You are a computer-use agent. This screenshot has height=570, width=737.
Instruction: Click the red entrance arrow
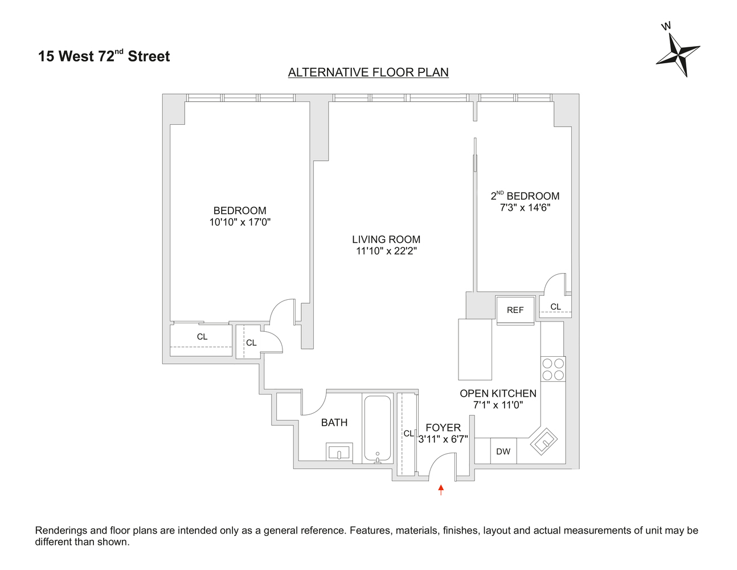(441, 490)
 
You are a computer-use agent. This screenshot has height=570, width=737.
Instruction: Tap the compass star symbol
(678, 55)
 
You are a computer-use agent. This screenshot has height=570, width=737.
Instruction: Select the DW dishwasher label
(503, 451)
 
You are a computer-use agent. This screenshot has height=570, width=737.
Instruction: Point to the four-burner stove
(553, 369)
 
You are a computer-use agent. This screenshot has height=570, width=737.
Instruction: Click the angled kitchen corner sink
(544, 441)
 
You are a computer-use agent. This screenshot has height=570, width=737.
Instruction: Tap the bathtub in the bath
(378, 429)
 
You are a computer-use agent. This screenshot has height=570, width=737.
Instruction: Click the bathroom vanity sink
(339, 451)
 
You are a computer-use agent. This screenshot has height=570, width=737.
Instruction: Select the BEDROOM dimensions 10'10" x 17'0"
(240, 222)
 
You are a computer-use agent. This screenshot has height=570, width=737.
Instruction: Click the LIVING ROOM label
(386, 239)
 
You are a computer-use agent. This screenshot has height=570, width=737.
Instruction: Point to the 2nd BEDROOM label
(525, 196)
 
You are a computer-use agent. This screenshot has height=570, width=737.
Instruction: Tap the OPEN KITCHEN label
(498, 393)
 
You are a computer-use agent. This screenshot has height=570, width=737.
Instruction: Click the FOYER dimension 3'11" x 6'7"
(443, 439)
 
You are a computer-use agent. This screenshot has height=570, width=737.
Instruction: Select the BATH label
(334, 422)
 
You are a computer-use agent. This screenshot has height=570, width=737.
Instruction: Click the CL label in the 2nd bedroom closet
(555, 307)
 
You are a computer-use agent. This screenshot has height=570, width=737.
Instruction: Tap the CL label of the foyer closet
(409, 433)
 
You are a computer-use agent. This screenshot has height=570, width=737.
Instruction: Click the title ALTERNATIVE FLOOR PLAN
(368, 72)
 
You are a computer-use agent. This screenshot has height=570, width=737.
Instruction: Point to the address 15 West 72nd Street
(104, 56)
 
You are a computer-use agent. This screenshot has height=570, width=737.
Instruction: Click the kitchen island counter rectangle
(475, 349)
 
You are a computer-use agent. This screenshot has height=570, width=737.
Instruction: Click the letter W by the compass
(666, 26)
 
